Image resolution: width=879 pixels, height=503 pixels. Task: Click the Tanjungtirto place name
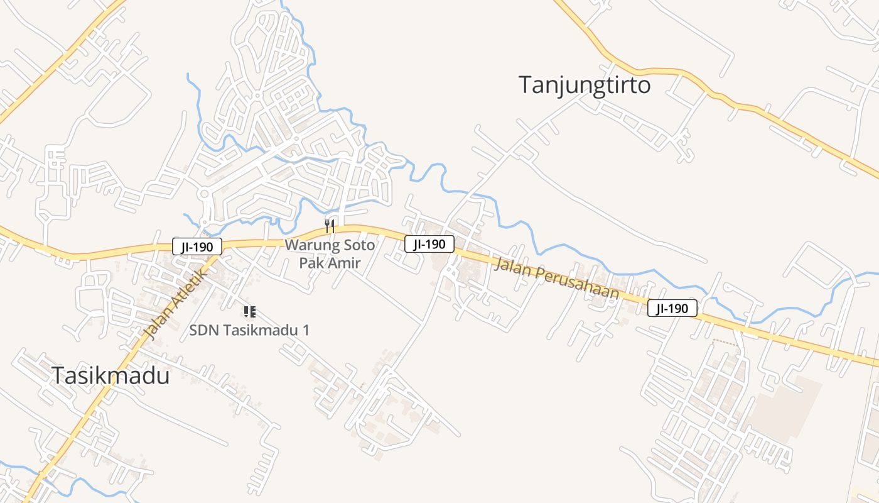pyautogui.click(x=585, y=85)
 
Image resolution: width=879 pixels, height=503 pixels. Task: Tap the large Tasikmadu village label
pyautogui.click(x=111, y=375)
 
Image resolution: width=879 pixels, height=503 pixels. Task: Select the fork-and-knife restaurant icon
pyautogui.click(x=330, y=225)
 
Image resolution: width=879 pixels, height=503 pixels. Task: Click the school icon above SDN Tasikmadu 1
pyautogui.click(x=249, y=311)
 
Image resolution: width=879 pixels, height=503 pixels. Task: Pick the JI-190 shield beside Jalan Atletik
pyautogui.click(x=197, y=246)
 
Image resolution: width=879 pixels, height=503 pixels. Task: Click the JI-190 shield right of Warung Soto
pyautogui.click(x=429, y=244)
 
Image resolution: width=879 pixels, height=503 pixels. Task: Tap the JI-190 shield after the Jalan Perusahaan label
pyautogui.click(x=672, y=308)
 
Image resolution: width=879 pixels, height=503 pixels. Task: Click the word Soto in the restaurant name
pyautogui.click(x=361, y=245)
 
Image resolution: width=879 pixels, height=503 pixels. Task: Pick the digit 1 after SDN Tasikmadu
pyautogui.click(x=306, y=329)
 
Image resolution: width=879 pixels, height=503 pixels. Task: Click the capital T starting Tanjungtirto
pyautogui.click(x=526, y=85)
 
